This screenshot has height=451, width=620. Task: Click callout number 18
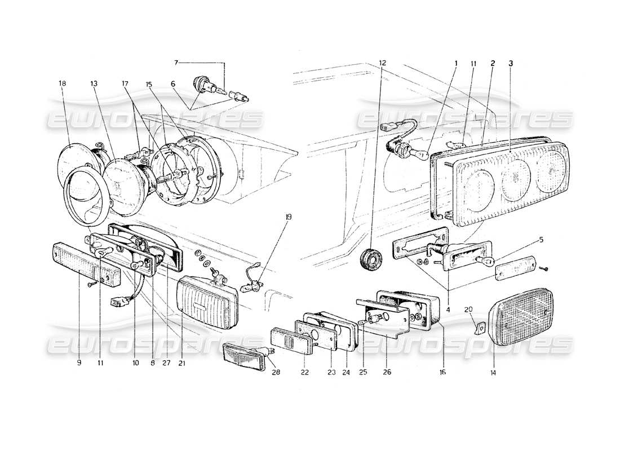pyautogui.click(x=62, y=83)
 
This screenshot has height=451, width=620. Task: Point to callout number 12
pyautogui.click(x=383, y=63)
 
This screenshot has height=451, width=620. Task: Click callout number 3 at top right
pyautogui.click(x=511, y=63)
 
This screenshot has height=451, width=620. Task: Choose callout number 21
pyautogui.click(x=181, y=364)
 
